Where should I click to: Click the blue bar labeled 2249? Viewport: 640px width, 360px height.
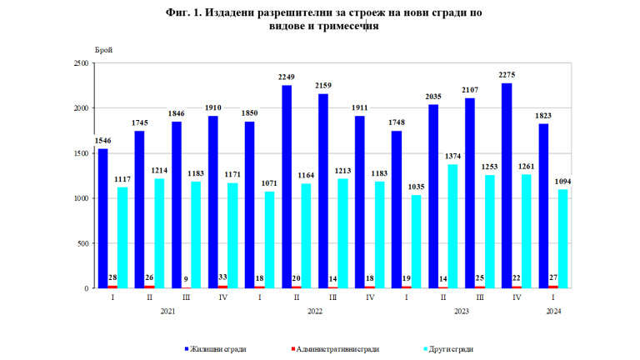[x=286, y=186]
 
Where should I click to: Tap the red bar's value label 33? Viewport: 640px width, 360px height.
[x=223, y=277]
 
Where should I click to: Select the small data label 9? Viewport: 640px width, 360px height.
[x=186, y=279]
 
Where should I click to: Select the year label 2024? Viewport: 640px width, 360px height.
[x=552, y=311]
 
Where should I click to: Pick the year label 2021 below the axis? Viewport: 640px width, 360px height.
[x=167, y=311]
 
